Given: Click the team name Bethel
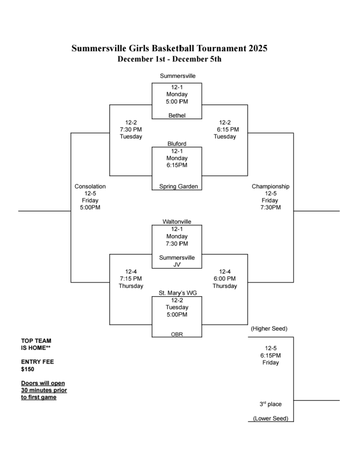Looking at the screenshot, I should coord(177,115).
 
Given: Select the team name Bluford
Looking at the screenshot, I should coord(177,144).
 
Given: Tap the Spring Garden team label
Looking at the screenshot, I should coord(177,186).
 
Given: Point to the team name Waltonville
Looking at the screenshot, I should coord(177,222).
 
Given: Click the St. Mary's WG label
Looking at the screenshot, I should coord(177,293).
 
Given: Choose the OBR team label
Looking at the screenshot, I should coord(177,334).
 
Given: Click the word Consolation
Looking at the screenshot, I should coord(90,186).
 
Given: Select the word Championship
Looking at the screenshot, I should coord(270,186).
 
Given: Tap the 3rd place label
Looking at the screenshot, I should coord(270,404).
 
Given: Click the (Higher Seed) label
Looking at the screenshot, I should coord(269,328).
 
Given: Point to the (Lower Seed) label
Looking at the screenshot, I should coord(270,418).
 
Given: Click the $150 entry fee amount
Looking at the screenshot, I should coord(27,369).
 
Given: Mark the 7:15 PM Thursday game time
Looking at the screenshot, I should coord(131,278).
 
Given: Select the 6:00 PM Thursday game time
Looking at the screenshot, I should coord(225,278).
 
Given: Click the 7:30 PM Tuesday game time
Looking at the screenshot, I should coord(131,129).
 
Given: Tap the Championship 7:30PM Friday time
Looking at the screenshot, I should coord(270,208).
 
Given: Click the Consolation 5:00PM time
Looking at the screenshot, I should coord(90,208).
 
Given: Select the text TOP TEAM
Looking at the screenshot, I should coord(36,341).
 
